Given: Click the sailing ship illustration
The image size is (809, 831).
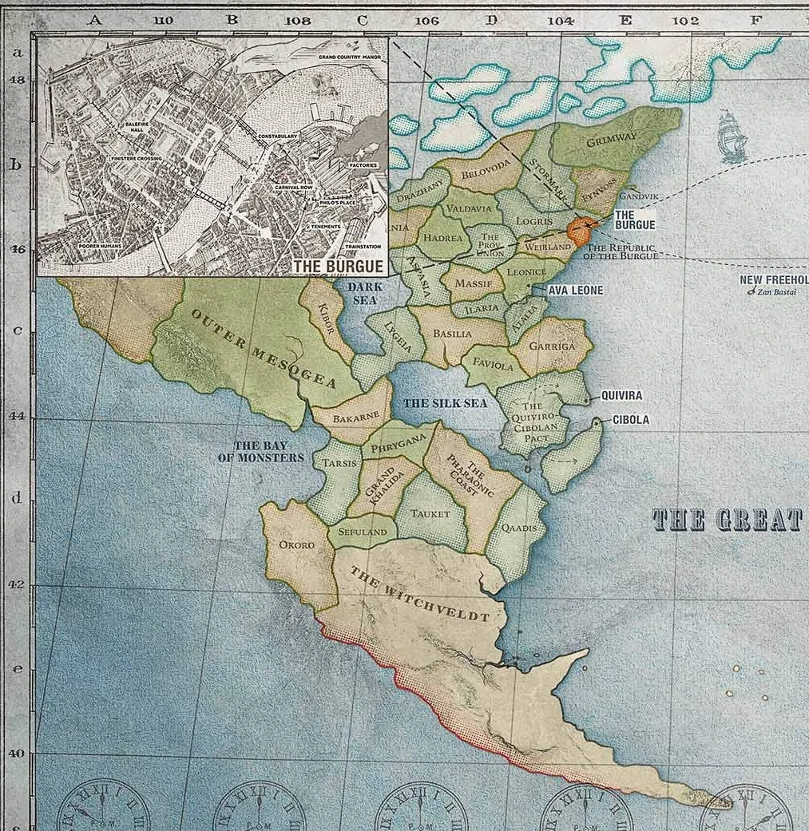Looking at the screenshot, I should point(731,137).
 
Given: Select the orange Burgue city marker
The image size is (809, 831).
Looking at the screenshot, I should point(581,228).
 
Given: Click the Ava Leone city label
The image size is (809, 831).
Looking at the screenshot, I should point(575,291).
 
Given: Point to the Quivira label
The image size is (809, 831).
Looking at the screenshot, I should point(622,396).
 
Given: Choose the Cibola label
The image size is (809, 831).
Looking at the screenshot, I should point(631,420).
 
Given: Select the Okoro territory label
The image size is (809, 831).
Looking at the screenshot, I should point(295,545).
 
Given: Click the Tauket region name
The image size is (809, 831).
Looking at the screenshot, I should point(430,515).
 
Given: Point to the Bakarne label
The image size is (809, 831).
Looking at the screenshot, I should point(351,417).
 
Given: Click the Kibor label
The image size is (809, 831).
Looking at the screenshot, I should point(325,318).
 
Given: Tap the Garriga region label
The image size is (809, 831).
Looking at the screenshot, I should point(553,347).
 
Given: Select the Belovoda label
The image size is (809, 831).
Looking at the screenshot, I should point(485,165).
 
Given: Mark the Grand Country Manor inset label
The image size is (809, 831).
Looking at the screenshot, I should point(348,57).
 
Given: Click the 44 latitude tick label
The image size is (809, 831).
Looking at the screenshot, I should point(16,416).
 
